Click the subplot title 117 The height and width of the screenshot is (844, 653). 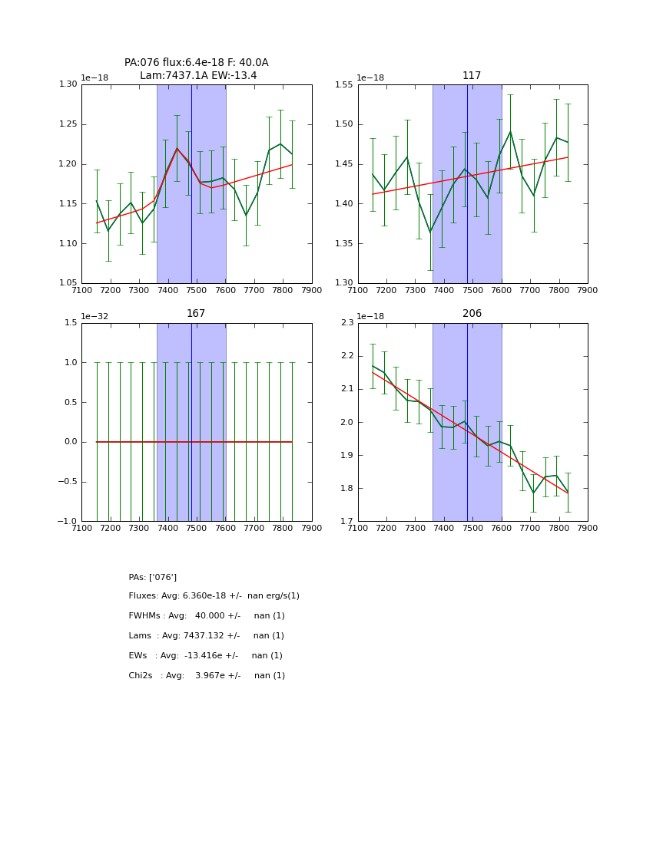click(x=472, y=76)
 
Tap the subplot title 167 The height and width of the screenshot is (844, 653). click(x=196, y=314)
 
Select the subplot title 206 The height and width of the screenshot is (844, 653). click(x=472, y=314)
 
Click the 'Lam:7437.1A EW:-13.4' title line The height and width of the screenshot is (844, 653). click(x=198, y=76)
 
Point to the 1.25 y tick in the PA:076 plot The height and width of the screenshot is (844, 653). click(x=67, y=124)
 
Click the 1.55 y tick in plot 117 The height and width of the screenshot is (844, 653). click(x=343, y=84)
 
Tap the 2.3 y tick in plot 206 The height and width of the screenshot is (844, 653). click(x=346, y=323)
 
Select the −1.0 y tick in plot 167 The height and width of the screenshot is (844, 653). click(x=66, y=522)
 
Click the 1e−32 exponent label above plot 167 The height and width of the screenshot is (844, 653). click(x=97, y=316)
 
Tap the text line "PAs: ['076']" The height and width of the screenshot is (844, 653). click(x=153, y=577)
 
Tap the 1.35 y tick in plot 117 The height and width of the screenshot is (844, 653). click(x=343, y=244)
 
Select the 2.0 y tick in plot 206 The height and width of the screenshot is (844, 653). click(x=346, y=423)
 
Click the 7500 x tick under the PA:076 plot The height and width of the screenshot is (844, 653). click(x=197, y=291)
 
